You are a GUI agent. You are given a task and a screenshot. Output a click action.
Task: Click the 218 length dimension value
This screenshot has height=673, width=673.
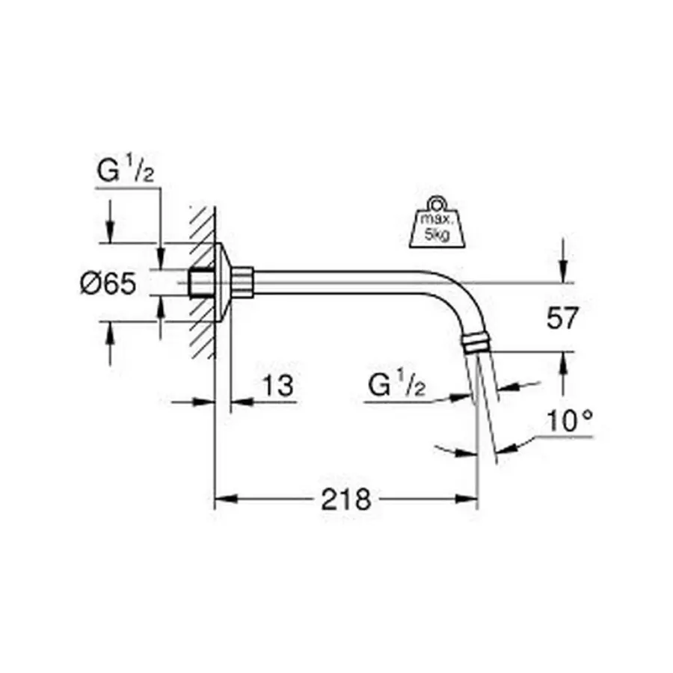tap(345, 499)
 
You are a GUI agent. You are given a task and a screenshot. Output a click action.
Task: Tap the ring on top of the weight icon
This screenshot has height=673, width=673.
tap(435, 203)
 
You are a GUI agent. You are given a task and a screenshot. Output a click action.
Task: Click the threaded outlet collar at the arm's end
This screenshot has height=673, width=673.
tap(477, 342)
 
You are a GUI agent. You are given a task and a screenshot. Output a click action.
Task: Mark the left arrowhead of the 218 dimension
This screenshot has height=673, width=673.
tap(222, 499)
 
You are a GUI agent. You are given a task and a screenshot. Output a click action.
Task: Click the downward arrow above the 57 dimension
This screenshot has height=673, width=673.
tap(563, 269)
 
